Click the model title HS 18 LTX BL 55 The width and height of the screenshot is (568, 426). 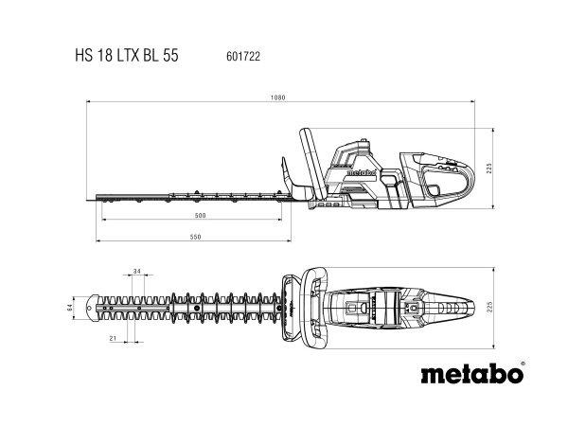[127, 56]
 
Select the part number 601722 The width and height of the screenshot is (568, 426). [243, 57]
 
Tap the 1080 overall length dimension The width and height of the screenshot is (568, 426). [277, 98]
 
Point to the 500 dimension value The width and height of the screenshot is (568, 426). [200, 216]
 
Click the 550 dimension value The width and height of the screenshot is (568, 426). [195, 237]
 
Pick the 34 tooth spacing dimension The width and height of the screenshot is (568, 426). [137, 272]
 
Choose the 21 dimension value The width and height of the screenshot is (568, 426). [113, 338]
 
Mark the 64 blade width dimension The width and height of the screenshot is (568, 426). [70, 308]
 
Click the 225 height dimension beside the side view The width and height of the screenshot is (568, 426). [489, 169]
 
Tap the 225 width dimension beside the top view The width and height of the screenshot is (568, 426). [490, 308]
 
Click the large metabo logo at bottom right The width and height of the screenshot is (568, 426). [472, 373]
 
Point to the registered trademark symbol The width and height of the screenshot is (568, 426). [522, 363]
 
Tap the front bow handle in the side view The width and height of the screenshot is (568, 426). [312, 164]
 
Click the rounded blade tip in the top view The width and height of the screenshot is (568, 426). [93, 308]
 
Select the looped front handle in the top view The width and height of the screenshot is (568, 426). [315, 308]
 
